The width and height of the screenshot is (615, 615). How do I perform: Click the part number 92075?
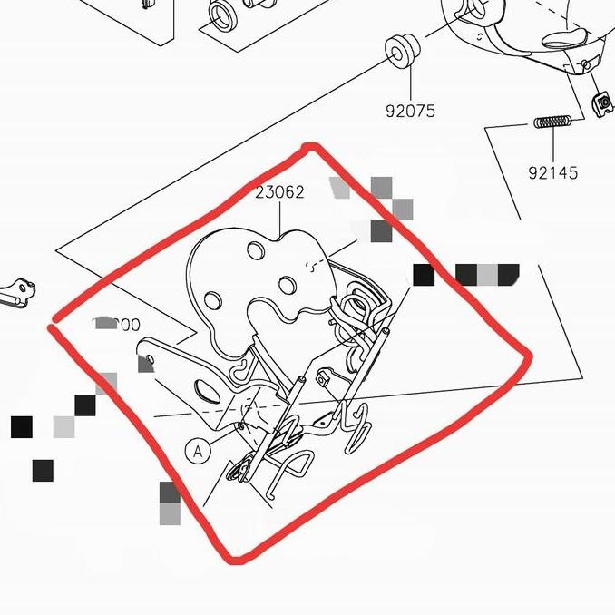tap(410, 112)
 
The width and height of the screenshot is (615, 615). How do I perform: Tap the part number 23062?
tap(279, 192)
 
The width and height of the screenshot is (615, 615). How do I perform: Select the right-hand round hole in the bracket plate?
tap(288, 286)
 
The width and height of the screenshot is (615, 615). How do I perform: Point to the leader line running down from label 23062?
tap(279, 218)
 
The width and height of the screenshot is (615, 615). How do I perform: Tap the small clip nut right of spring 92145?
tap(600, 103)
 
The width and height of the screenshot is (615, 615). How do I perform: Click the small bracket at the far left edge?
tap(17, 293)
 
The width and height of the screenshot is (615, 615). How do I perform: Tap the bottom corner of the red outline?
tap(236, 559)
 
